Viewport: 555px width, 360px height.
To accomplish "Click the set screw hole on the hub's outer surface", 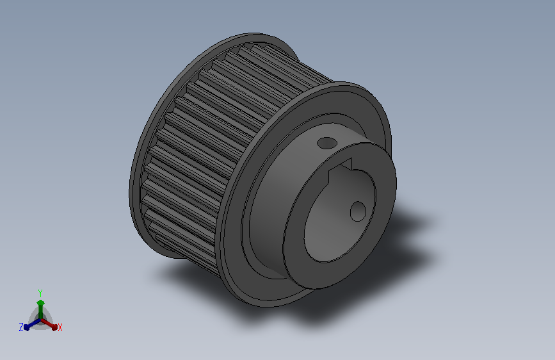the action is tap(326, 143).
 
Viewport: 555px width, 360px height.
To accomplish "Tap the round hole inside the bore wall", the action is tap(358, 211).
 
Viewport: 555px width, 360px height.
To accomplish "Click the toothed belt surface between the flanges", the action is tap(213, 142).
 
